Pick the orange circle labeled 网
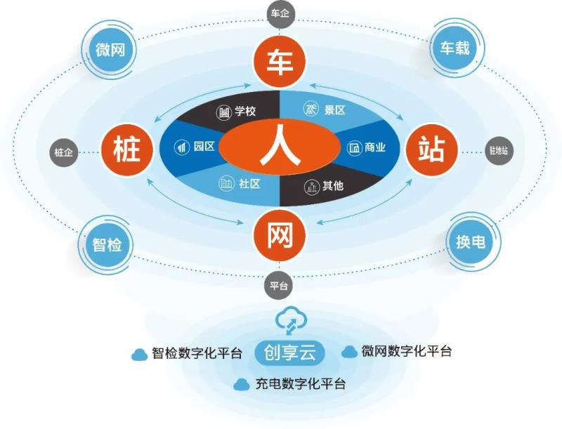point(280,237)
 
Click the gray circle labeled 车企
point(281,13)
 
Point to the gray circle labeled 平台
point(280,286)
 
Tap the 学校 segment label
point(244,111)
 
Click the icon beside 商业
point(355,148)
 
